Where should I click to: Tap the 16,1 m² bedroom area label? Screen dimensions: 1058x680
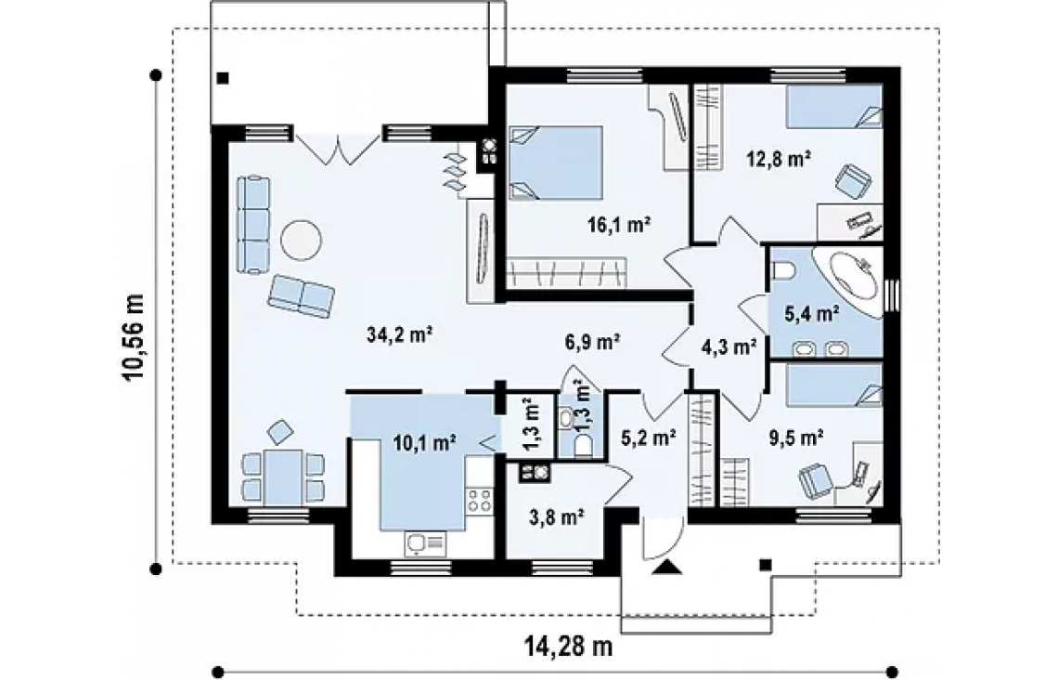[x=618, y=224]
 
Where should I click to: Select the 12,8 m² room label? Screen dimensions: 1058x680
[x=778, y=159]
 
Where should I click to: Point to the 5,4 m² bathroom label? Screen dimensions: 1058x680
[x=812, y=313]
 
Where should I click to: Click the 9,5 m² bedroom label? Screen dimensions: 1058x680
[x=795, y=438]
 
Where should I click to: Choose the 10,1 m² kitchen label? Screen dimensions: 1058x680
[x=424, y=442]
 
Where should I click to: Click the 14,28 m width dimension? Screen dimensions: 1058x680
[x=568, y=647]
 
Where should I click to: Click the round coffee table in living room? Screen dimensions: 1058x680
[x=301, y=239]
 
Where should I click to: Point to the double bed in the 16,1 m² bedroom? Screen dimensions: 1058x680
[x=555, y=162]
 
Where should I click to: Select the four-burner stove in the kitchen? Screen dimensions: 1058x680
[x=480, y=500]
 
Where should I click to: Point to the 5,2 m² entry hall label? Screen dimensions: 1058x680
[x=649, y=438]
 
